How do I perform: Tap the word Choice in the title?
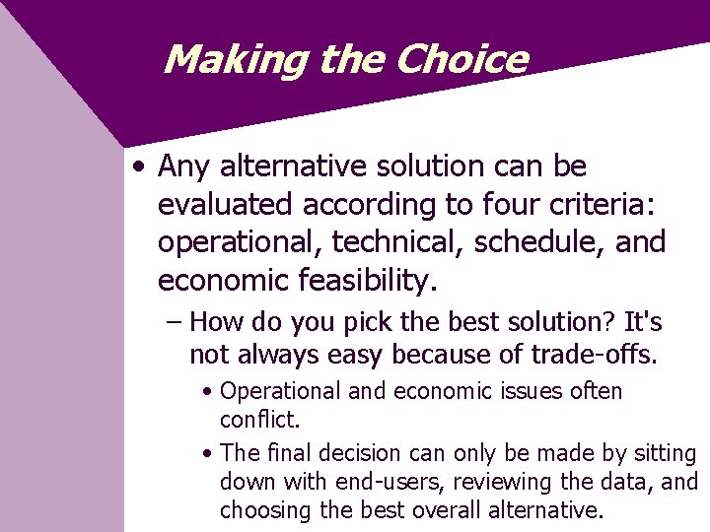coord(461,60)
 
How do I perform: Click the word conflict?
coord(259,420)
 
